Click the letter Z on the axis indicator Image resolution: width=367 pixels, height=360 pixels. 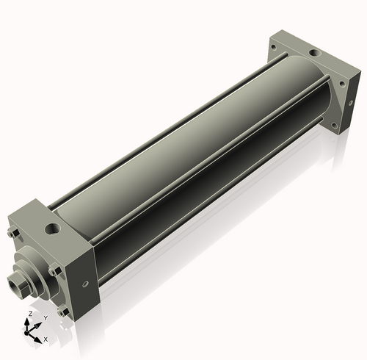30,314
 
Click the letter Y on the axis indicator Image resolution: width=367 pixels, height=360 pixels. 46,318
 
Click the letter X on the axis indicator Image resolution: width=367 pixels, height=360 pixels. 46,339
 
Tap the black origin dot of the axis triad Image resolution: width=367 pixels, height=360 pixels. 26,333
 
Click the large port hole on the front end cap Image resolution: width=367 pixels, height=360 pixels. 52,228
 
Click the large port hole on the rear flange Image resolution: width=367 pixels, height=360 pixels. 315,53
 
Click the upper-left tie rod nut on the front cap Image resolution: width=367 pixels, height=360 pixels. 14,233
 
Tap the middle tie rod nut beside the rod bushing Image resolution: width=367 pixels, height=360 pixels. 54,270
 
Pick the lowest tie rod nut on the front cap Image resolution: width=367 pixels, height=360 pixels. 63,312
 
